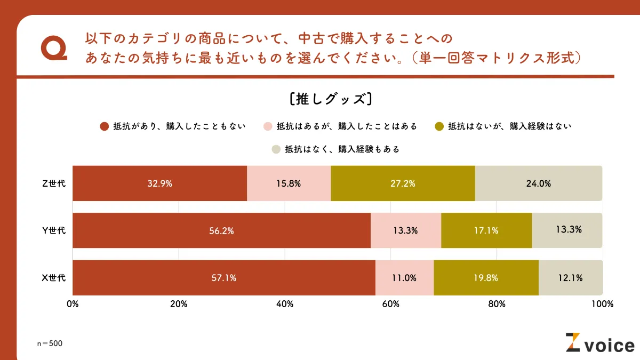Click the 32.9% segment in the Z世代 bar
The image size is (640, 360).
[159, 183]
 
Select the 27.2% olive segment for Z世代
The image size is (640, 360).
[403, 183]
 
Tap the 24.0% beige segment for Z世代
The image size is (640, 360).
[538, 183]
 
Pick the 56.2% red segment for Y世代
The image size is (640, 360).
[221, 230]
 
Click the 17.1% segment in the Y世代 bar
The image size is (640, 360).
[486, 230]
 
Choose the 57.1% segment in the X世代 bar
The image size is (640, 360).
[223, 277]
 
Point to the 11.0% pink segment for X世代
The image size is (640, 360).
[404, 277]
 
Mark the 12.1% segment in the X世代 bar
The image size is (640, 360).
[570, 277]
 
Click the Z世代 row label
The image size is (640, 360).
[54, 183]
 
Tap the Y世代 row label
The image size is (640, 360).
[54, 230]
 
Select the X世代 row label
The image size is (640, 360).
[54, 277]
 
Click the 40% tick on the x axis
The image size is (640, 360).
[285, 304]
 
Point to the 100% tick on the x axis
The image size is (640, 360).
[603, 304]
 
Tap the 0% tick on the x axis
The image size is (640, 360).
[73, 304]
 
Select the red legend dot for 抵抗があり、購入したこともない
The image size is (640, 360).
[105, 126]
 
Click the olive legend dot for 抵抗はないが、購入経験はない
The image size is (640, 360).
[439, 126]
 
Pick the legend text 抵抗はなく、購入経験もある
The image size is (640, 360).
[342, 149]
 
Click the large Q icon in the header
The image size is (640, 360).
[54, 49]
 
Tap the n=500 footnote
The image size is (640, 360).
[50, 343]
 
